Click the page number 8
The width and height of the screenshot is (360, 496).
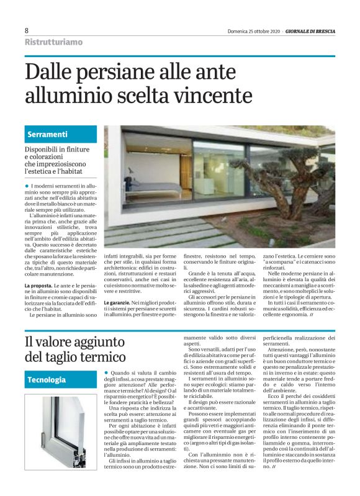click(27, 30)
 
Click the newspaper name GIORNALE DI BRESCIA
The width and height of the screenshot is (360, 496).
click(310, 30)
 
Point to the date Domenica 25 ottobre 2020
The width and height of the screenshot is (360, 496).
click(254, 30)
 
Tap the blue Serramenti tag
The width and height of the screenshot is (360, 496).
click(47, 135)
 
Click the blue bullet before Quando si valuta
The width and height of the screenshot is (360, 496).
click(106, 372)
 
